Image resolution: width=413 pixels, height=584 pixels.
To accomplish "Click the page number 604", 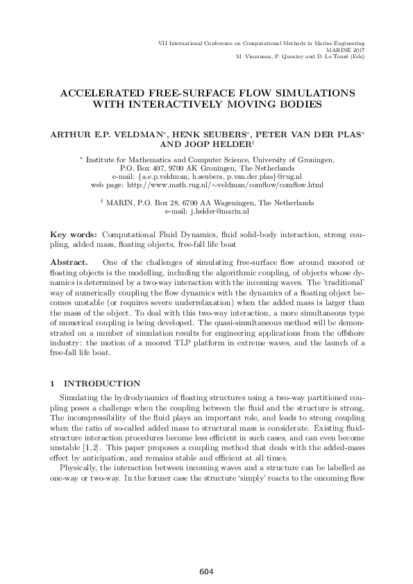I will coord(205,572).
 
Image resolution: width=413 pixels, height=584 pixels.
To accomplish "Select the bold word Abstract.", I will coord(71,263).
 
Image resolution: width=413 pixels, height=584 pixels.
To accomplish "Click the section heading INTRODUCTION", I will coord(102,383).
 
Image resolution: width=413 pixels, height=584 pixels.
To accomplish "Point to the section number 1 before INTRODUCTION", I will coord(54,383).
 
